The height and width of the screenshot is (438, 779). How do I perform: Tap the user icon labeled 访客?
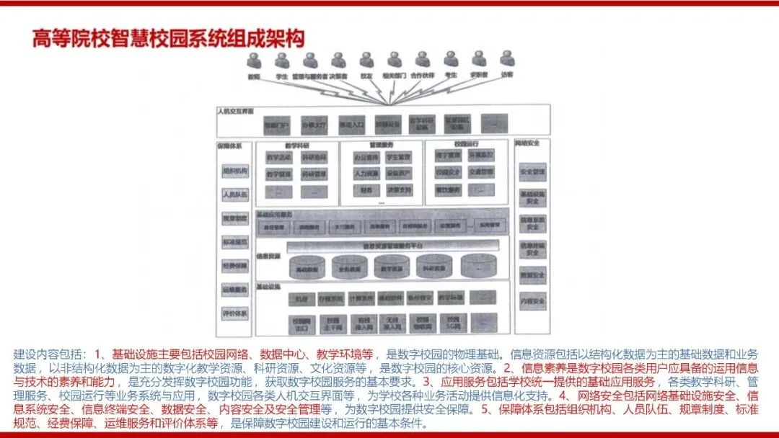click(x=507, y=59)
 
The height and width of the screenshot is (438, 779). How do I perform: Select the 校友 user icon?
click(x=366, y=60)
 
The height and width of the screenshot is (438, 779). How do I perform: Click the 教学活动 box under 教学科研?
click(x=278, y=157)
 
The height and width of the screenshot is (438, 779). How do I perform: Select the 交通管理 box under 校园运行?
click(x=481, y=172)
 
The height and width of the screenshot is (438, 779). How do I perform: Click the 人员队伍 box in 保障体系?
click(x=234, y=195)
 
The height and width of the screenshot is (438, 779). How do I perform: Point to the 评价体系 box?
click(x=234, y=313)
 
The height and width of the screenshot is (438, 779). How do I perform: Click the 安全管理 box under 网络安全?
click(x=532, y=172)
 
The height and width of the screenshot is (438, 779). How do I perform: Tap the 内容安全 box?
click(x=532, y=300)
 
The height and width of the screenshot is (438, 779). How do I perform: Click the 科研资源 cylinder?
click(x=434, y=267)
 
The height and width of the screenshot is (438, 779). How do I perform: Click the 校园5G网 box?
click(x=452, y=323)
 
